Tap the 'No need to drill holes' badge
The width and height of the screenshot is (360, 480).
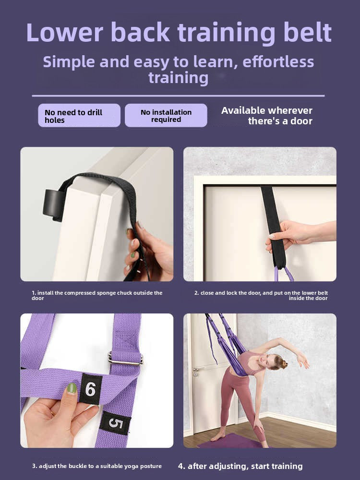[79, 116]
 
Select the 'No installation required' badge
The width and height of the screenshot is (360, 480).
[166, 116]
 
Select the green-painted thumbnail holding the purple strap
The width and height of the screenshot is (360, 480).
[72, 388]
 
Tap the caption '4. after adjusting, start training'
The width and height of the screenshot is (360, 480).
[240, 466]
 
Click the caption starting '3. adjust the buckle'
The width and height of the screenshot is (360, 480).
[97, 466]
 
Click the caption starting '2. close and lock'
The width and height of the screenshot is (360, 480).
[261, 295]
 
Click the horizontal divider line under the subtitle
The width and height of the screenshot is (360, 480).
[178, 96]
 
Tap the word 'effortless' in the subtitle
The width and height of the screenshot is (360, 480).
[278, 62]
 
